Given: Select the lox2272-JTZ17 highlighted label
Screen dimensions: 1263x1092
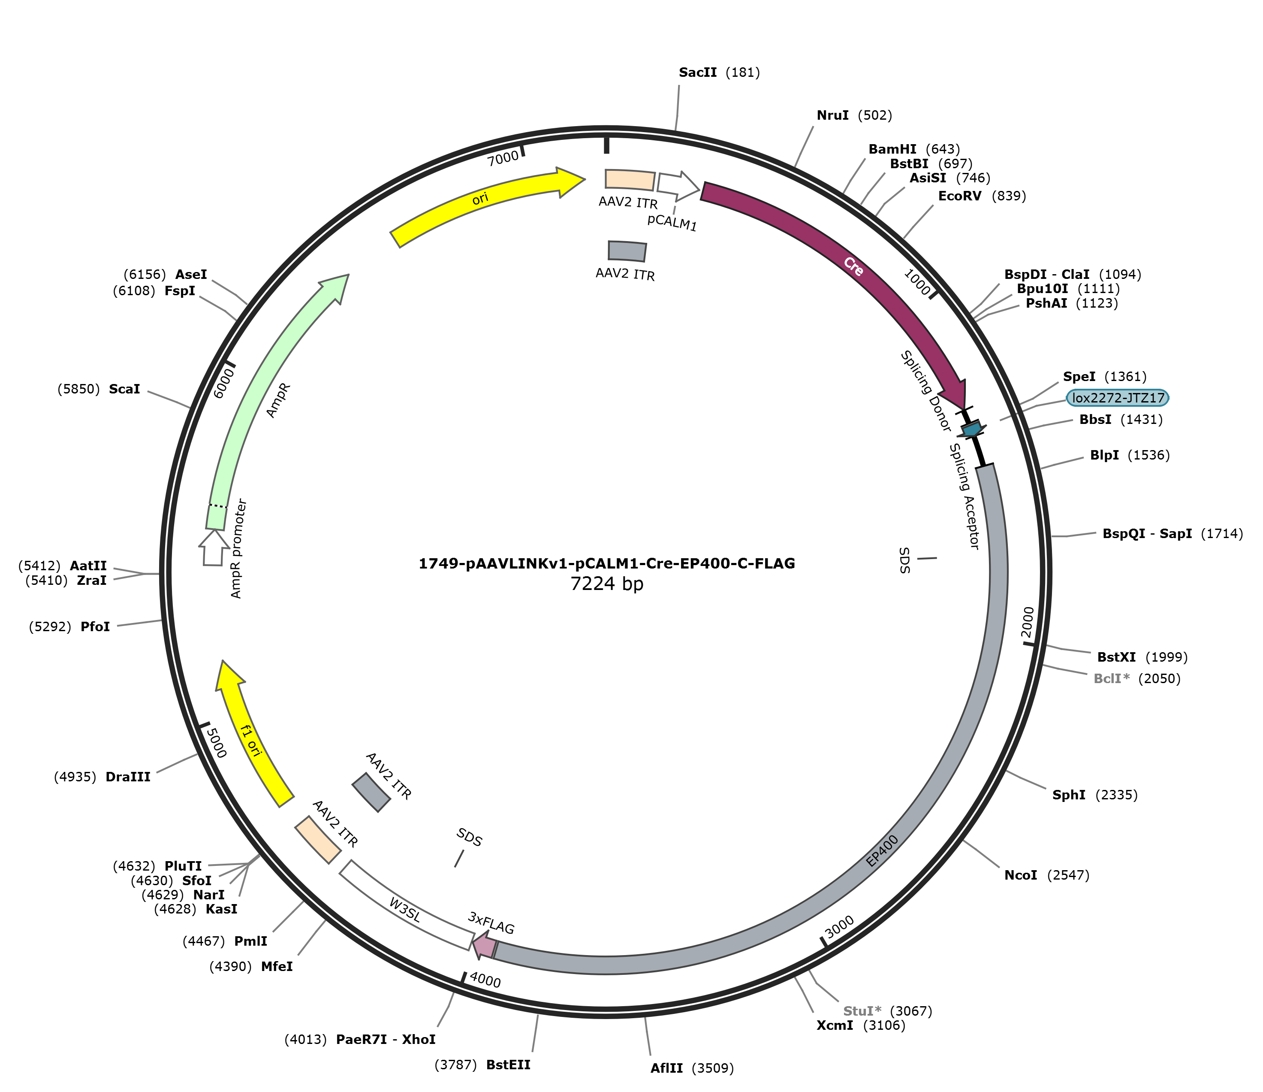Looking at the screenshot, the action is point(1118,398).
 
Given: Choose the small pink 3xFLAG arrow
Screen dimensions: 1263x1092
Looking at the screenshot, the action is point(485,944).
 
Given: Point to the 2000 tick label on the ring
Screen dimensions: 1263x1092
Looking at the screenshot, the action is point(1028,620).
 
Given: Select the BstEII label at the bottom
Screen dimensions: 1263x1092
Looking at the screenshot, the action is point(508,1065).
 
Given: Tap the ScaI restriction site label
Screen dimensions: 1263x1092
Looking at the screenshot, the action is point(124,389).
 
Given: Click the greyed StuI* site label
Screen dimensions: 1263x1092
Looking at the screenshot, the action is point(862,1011).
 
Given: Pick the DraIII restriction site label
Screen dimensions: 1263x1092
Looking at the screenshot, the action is point(128,777).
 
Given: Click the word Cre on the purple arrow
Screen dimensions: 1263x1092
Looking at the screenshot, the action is point(853,266).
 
